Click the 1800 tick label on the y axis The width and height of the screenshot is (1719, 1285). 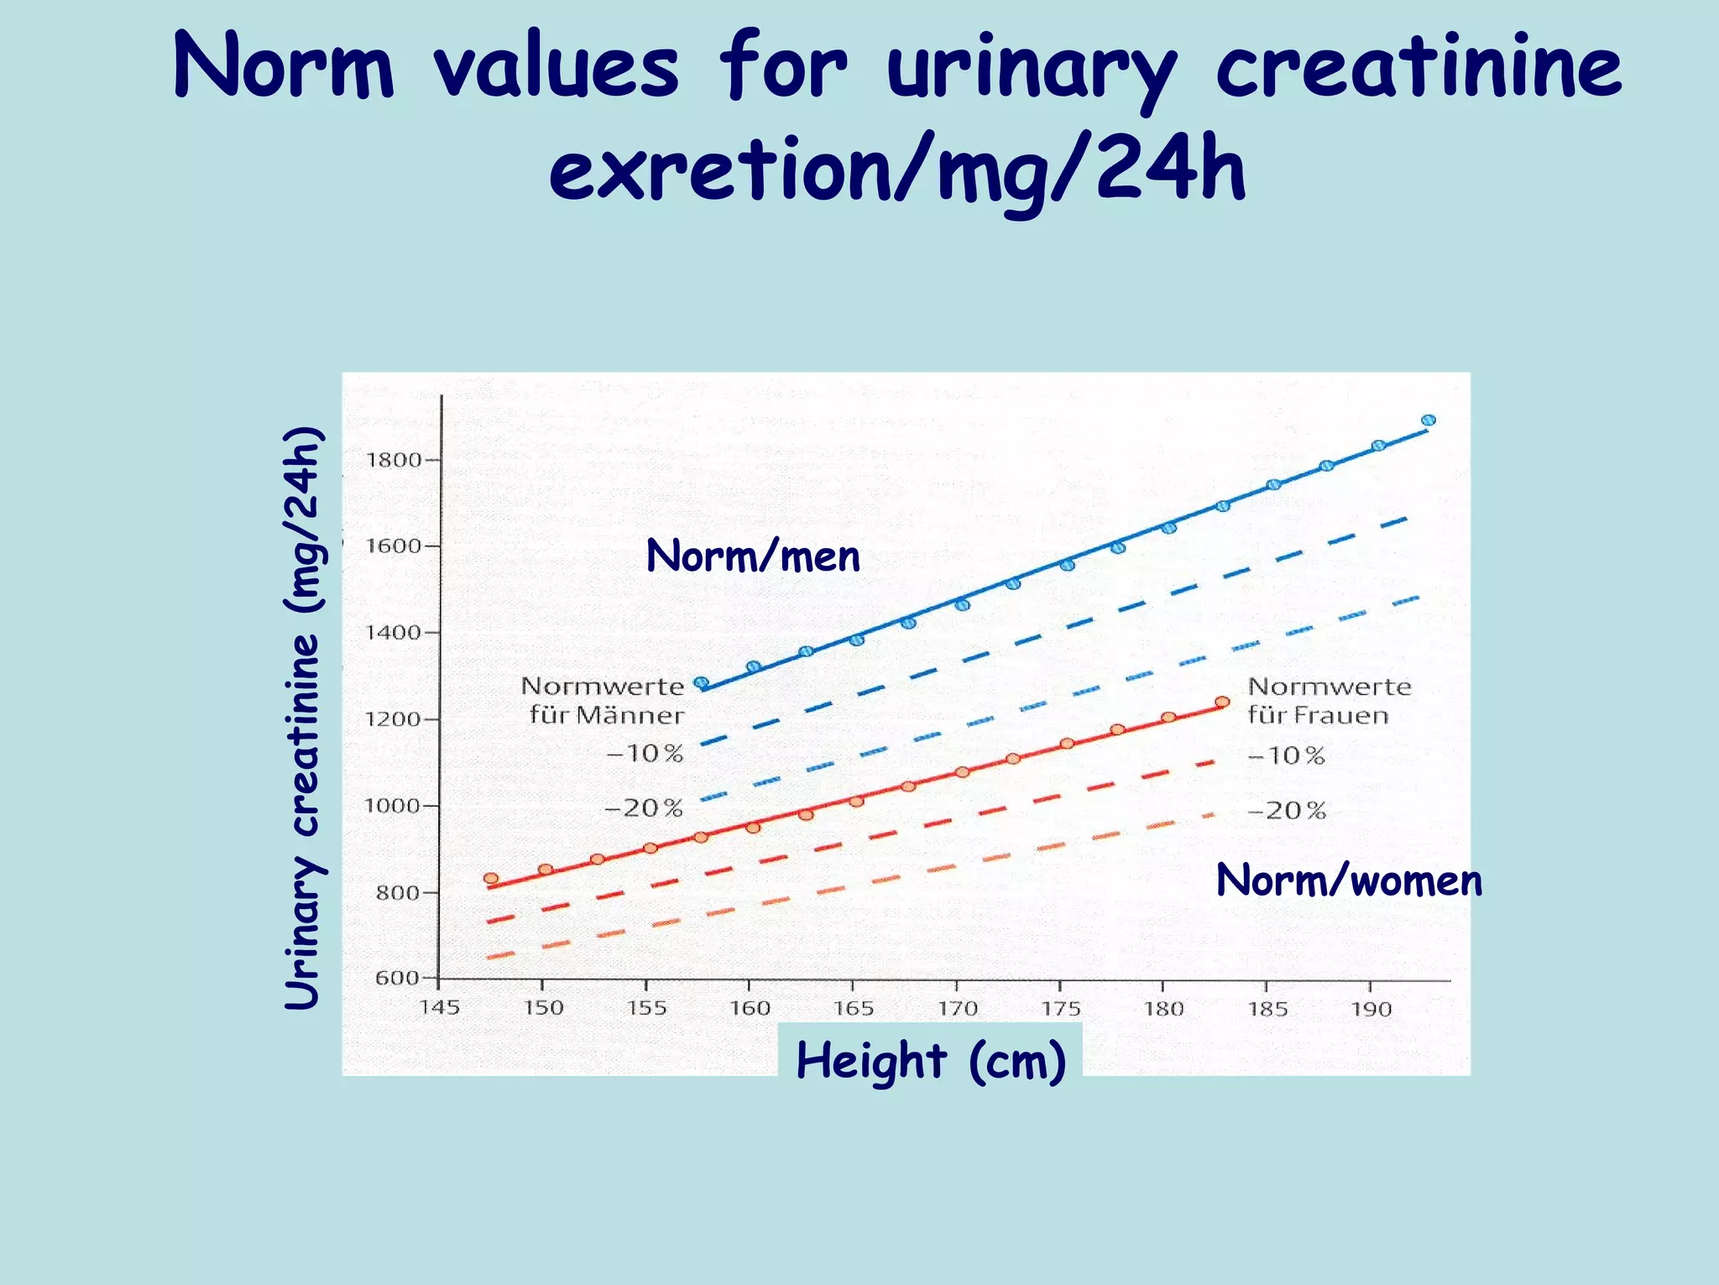click(393, 460)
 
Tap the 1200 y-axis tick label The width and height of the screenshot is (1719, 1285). click(393, 719)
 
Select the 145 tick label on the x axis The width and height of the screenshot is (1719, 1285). click(440, 1008)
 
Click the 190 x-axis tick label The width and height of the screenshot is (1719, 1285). click(1371, 1009)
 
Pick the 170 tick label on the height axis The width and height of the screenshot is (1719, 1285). click(957, 1009)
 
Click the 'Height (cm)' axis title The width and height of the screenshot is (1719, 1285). click(931, 1060)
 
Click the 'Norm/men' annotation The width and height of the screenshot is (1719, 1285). click(753, 556)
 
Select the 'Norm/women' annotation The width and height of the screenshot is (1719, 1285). click(1349, 881)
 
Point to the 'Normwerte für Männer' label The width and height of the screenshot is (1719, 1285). click(603, 701)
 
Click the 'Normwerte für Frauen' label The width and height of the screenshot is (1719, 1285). click(1330, 701)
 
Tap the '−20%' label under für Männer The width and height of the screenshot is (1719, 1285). click(644, 809)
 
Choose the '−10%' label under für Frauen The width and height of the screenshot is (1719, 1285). click(1287, 756)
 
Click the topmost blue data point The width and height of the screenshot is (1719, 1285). click(1428, 420)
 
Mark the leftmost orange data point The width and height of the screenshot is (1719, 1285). click(491, 879)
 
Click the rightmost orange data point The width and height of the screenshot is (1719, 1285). click(1222, 702)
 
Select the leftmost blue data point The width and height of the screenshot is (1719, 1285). click(702, 683)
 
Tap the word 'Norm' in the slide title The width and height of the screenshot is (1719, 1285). click(284, 67)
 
